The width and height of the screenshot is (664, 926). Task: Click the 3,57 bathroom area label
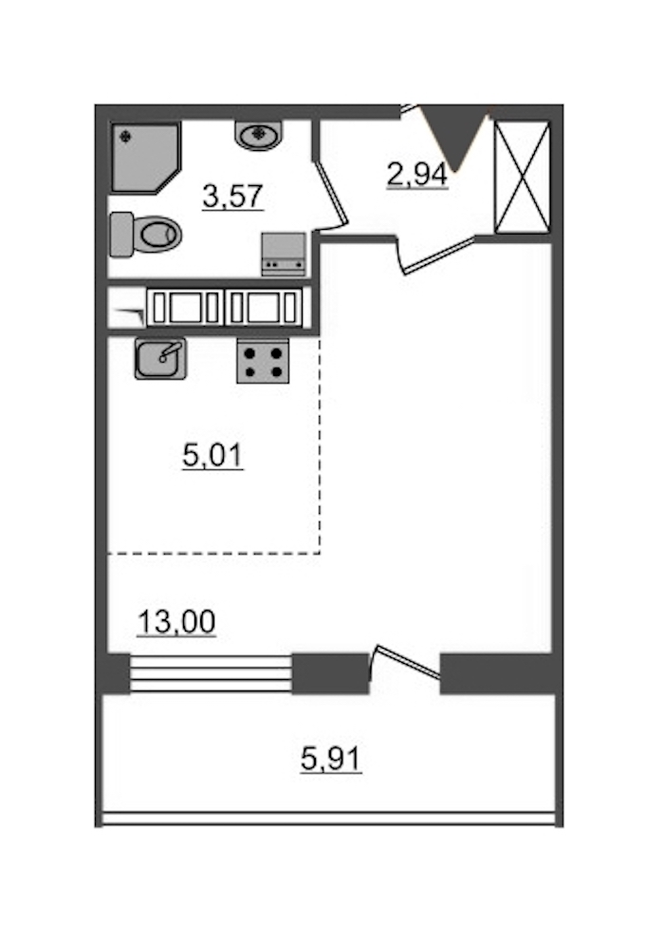232,196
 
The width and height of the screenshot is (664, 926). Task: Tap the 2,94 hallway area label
417,175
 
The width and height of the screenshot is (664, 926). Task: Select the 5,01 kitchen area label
212,456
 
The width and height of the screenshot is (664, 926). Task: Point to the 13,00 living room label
176,622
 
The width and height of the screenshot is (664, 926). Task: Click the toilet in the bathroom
146,234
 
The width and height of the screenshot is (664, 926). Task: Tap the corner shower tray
145,158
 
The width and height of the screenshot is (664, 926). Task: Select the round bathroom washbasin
259,135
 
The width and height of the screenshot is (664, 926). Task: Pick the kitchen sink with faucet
160,358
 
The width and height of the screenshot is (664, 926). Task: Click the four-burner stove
263,361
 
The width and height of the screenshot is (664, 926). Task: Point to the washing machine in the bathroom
285,254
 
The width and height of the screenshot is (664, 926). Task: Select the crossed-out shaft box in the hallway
522,178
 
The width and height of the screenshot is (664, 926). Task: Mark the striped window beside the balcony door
211,673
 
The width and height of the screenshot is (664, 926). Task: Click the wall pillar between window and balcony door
330,673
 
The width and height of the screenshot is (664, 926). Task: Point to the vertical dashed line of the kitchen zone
320,445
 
